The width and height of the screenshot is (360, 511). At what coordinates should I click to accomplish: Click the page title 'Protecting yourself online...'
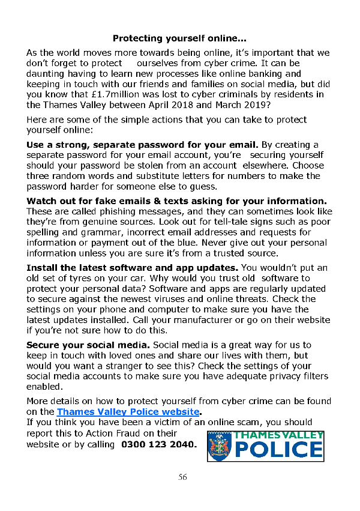click(180, 38)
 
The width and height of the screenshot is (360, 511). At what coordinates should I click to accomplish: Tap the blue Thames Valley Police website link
click(128, 412)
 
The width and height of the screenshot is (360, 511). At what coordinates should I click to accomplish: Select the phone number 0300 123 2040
click(159, 445)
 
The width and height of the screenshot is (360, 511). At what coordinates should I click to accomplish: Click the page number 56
click(183, 477)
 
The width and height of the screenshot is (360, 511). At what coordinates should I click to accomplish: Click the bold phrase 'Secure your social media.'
click(89, 345)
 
